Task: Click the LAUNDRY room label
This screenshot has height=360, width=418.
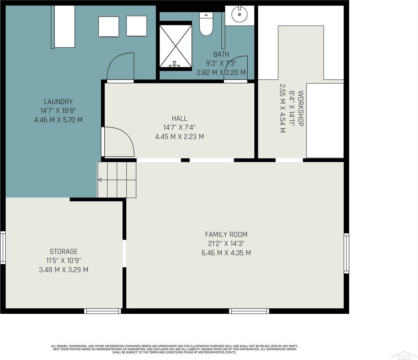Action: point(58,101)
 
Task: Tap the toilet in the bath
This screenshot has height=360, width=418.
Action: point(206,24)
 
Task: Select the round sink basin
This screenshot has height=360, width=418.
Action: point(240,14)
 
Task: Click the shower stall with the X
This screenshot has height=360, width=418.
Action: point(175,46)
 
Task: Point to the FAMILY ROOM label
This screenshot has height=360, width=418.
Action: point(226,235)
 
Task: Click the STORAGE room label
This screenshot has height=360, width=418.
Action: point(64,251)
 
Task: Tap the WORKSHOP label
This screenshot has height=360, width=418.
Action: point(301,109)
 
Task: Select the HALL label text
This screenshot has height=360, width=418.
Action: point(179,118)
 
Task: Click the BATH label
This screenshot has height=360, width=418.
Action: point(221,54)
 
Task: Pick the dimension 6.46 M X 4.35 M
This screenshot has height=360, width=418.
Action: point(226,253)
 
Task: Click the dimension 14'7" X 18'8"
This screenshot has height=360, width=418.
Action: point(58,111)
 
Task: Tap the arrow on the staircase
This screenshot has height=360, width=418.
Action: point(117,180)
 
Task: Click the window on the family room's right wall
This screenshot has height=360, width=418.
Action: point(346,253)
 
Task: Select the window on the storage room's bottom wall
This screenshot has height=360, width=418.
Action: point(103,311)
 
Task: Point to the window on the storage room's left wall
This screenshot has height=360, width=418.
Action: point(3,247)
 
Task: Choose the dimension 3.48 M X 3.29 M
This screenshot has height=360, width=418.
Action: point(64,270)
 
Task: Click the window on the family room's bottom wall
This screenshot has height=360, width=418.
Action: point(249,311)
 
